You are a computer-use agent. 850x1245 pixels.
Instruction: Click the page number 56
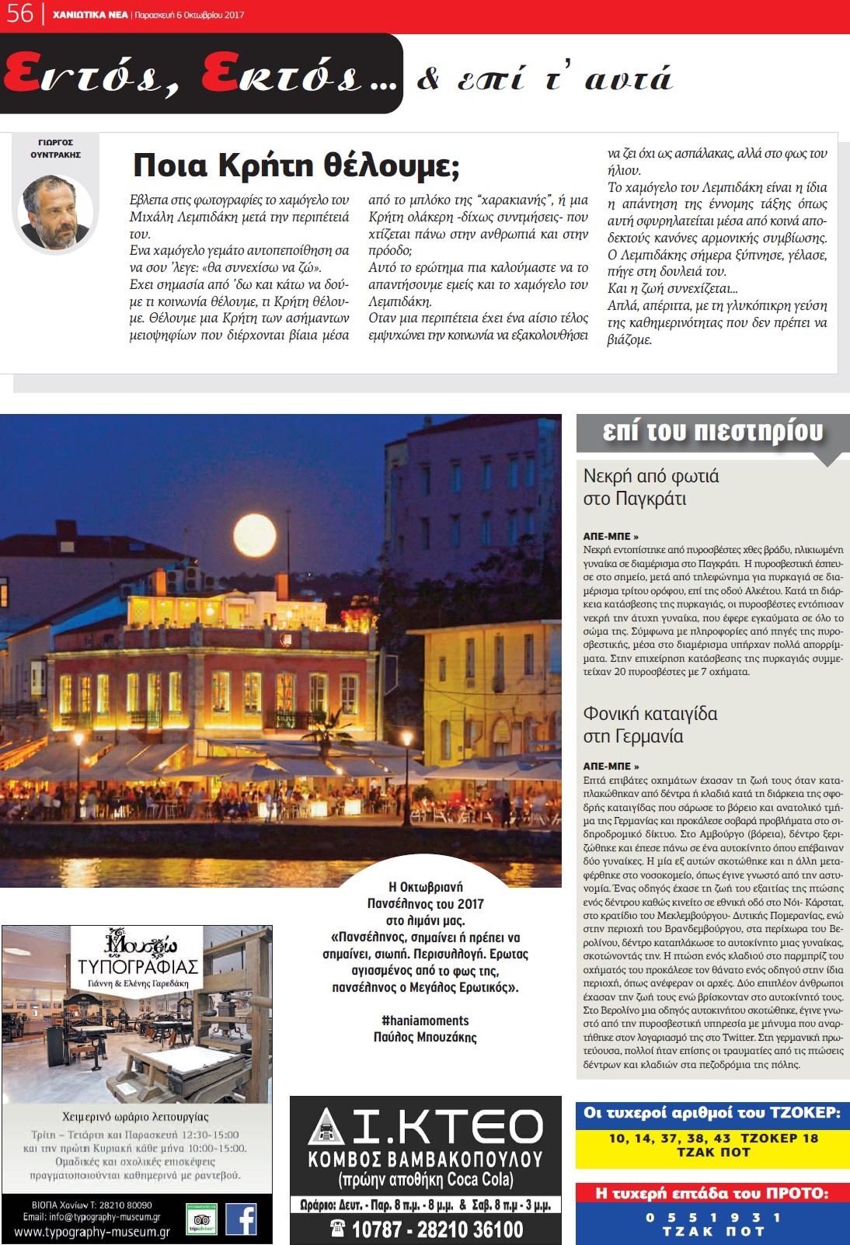point(19,14)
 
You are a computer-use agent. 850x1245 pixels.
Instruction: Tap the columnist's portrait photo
point(56,212)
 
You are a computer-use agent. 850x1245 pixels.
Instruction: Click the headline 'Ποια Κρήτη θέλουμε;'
point(297,165)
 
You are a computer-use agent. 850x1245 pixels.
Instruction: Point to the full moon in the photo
point(256,534)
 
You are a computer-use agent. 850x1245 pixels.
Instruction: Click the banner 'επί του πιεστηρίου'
point(712,433)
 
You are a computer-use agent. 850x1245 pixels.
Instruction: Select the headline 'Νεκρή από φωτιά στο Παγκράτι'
point(651,487)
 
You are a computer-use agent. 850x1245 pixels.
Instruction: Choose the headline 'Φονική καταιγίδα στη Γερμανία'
point(650,725)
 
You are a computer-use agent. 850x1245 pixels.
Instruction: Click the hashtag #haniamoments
point(425,1021)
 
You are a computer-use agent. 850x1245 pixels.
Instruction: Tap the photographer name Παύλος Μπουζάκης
point(425,1037)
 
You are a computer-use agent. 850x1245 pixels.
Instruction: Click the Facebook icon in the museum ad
point(241,1219)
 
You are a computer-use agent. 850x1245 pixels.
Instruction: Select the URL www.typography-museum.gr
point(92,1232)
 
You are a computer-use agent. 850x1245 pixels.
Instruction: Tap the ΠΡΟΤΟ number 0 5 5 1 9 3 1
point(713,1217)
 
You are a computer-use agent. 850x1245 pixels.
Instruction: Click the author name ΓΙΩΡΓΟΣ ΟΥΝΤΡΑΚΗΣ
point(55,148)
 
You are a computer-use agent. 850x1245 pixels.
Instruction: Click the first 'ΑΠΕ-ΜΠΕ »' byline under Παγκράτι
point(611,536)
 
